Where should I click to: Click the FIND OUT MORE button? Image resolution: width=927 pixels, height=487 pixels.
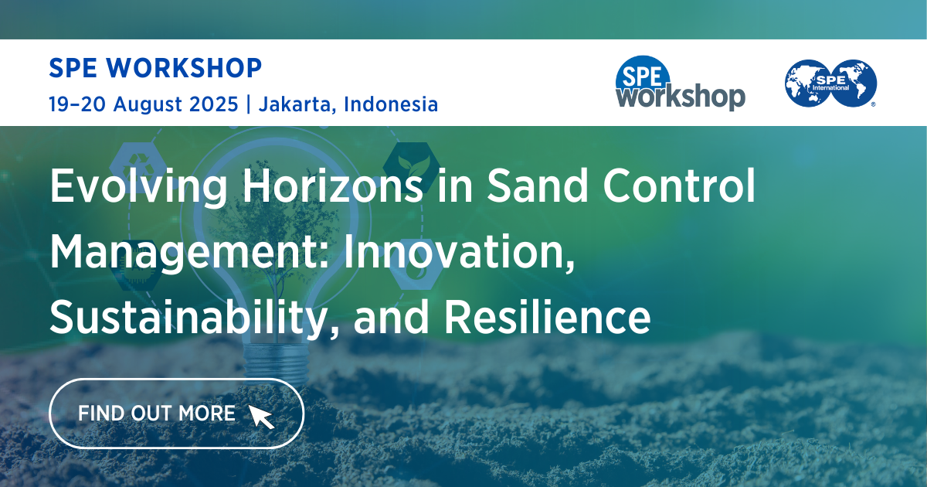coord(176,414)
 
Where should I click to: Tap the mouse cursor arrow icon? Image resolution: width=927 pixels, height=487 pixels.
coord(261,415)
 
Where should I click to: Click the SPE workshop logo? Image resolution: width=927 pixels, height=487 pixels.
coord(680,83)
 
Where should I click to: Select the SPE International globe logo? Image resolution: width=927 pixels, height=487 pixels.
coord(831,83)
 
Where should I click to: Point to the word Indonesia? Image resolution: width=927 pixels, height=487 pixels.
coord(391,104)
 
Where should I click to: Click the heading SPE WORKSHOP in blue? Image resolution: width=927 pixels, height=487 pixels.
coord(155,68)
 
